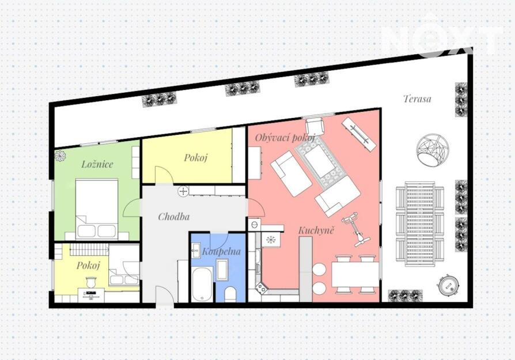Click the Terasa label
pyautogui.click(x=417, y=98)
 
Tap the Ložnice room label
pyautogui.click(x=97, y=164)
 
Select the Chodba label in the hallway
pyautogui.click(x=174, y=217)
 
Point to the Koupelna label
pyautogui.click(x=221, y=252)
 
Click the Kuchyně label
pyautogui.click(x=316, y=230)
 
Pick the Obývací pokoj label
pyautogui.click(x=285, y=138)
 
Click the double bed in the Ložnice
pyautogui.click(x=97, y=209)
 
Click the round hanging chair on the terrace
pyautogui.click(x=432, y=151)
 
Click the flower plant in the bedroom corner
pyautogui.click(x=60, y=156)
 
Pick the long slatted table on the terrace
pyautogui.click(x=420, y=224)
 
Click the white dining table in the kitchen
pyautogui.click(x=355, y=274)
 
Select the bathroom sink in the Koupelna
pyautogui.click(x=196, y=251)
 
